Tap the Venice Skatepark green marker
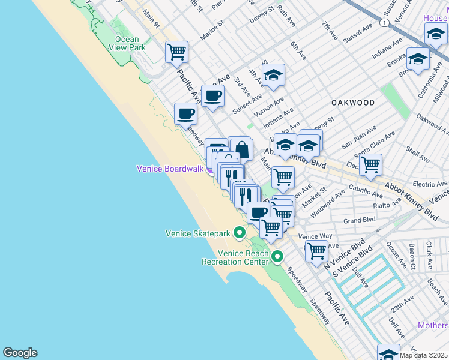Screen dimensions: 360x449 [x=240, y=232]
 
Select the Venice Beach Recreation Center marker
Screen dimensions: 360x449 [x=277, y=257]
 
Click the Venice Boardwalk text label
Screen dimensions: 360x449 [x=170, y=169]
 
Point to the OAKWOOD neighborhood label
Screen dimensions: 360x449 [x=353, y=103]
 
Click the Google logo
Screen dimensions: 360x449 [x=20, y=353]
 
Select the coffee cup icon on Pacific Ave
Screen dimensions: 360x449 [x=212, y=95]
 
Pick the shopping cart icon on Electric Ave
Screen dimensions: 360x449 [x=371, y=163]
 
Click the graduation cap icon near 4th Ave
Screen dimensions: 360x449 [x=273, y=75]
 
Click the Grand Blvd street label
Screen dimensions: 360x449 [x=360, y=220]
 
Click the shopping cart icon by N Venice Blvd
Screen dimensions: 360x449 [x=316, y=251]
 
